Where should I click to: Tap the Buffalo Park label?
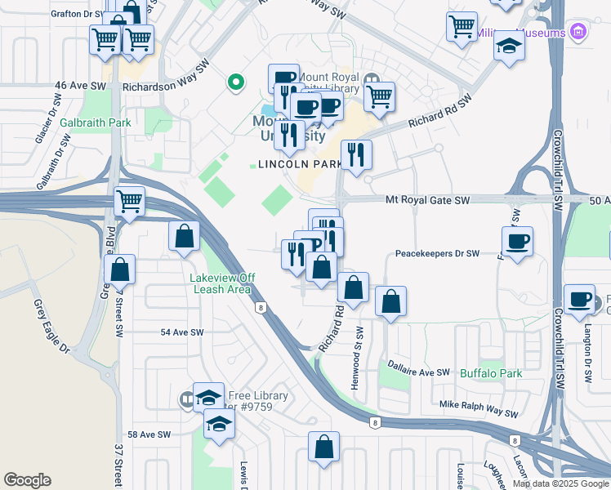pyautogui.click(x=490, y=373)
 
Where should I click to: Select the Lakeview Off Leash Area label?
pyautogui.click(x=222, y=283)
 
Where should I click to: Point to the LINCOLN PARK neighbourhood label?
pyautogui.click(x=300, y=164)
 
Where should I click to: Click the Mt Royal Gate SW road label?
pyautogui.click(x=428, y=200)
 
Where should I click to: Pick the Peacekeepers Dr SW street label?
pyautogui.click(x=437, y=254)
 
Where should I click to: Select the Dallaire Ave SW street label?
pyautogui.click(x=419, y=372)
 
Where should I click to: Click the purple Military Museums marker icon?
pyautogui.click(x=579, y=33)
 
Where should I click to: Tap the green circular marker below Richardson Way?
pyautogui.click(x=235, y=82)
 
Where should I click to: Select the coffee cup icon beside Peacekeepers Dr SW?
pyautogui.click(x=518, y=242)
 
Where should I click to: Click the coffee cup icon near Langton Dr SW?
pyautogui.click(x=580, y=299)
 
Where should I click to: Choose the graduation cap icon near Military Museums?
pyautogui.click(x=509, y=46)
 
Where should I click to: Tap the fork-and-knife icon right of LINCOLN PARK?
pyautogui.click(x=356, y=154)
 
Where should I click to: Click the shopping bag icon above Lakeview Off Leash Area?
pyautogui.click(x=185, y=236)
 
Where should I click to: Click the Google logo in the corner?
pyautogui.click(x=27, y=480)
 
